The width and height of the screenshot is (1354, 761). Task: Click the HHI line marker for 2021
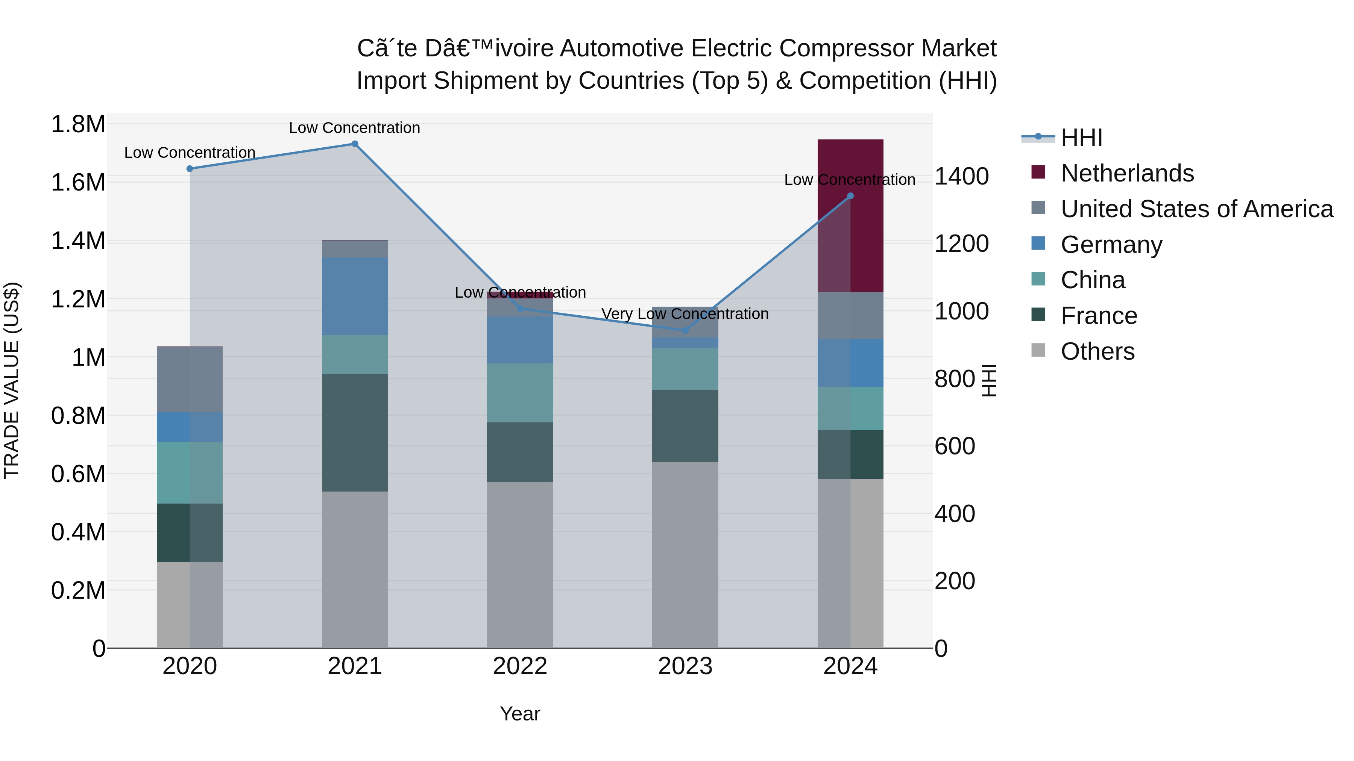tap(355, 144)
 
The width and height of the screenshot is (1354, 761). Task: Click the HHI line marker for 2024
tap(850, 196)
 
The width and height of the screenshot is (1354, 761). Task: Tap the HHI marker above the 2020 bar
tap(190, 169)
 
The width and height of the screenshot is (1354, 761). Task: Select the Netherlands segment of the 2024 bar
tap(850, 215)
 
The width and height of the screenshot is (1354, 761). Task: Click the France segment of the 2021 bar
tap(355, 433)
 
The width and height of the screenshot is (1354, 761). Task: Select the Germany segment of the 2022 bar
tap(520, 340)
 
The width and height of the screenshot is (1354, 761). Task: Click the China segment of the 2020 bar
tap(190, 473)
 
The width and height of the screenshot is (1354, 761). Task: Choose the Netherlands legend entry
tap(1127, 173)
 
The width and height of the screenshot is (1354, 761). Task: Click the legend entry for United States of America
tap(1196, 209)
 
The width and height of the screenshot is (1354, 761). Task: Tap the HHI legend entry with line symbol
tap(1081, 138)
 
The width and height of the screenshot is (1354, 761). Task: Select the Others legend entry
tap(1097, 351)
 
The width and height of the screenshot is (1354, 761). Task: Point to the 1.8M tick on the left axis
tap(78, 124)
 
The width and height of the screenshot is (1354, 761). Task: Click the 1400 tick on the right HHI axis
tap(961, 177)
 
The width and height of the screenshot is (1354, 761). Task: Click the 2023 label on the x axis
tap(685, 666)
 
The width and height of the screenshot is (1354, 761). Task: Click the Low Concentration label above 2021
tap(355, 128)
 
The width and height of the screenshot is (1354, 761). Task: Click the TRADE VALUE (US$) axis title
tap(12, 380)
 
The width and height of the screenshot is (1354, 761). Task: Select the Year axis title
tap(520, 714)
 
